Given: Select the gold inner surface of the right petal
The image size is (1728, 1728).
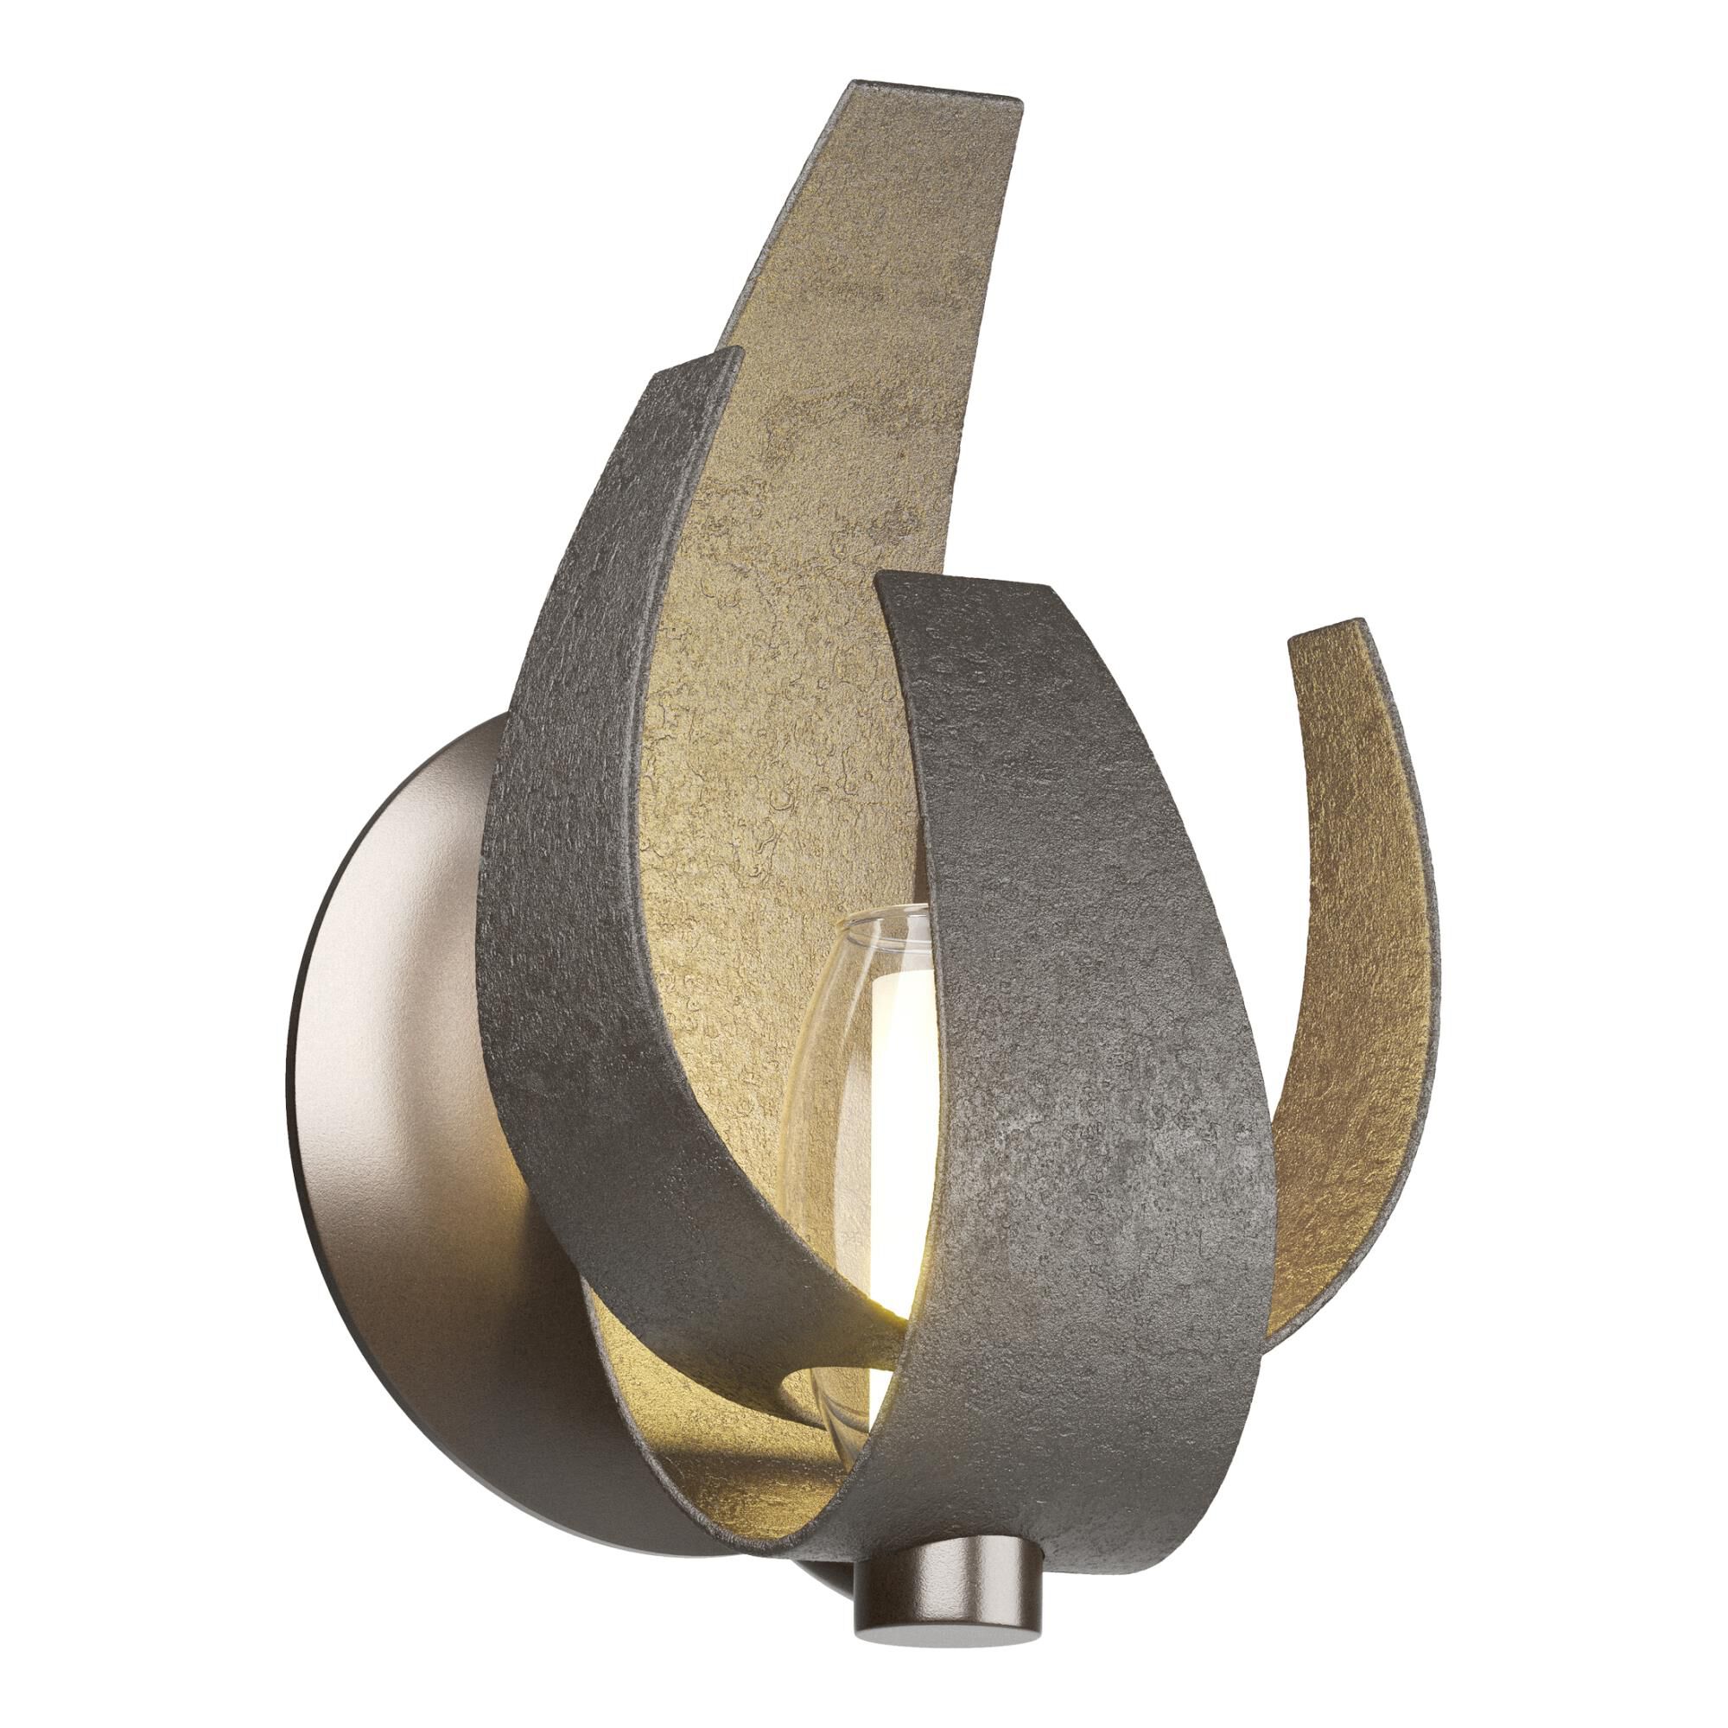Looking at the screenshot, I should [x=1342, y=939].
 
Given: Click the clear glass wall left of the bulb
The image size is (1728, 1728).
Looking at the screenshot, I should [x=818, y=1118].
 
